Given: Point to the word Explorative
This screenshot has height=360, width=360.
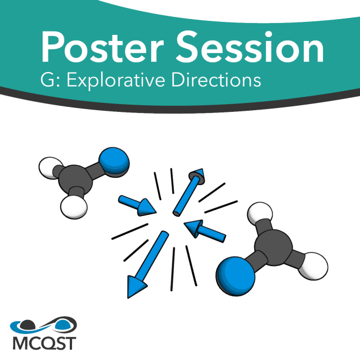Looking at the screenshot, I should (118, 79).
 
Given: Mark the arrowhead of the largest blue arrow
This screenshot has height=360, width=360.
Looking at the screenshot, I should (135, 286).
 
